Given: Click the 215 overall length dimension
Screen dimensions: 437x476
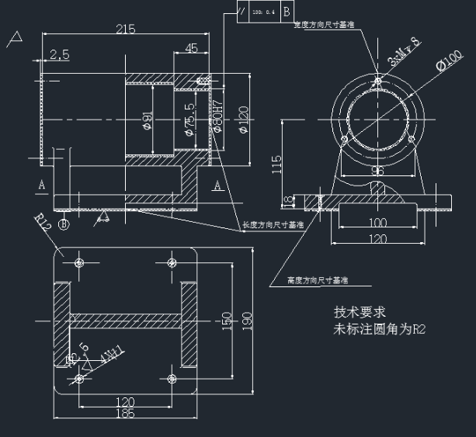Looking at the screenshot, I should pos(125,29).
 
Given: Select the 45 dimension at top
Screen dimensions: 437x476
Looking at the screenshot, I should pos(190,48).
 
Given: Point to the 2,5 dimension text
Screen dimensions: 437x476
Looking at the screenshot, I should pos(59,54).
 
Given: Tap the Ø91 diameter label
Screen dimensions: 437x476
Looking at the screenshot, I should pos(147,121).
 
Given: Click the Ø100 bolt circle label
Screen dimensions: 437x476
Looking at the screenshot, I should pos(450,61).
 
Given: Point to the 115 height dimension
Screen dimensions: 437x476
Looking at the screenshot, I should pos(276,164).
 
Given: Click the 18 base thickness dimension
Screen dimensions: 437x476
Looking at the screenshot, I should pos(286,202).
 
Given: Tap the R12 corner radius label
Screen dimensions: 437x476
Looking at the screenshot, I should pos(43,224).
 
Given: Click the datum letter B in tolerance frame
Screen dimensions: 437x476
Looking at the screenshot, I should pos(287,11).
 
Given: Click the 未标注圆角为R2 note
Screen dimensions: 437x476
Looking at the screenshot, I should pos(380,329).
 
